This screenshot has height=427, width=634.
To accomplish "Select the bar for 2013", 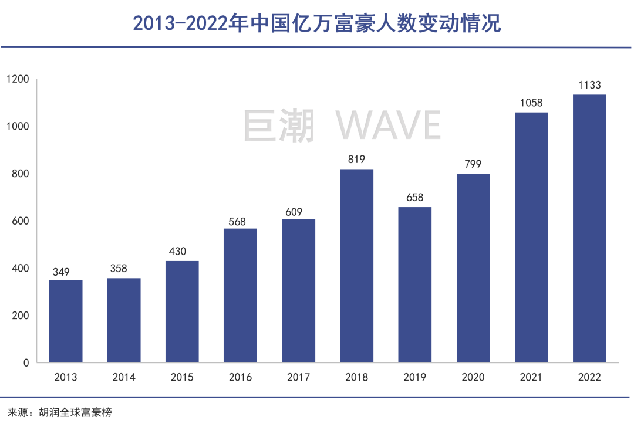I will tap(66, 321).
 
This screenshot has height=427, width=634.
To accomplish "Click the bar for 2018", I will tap(356, 266).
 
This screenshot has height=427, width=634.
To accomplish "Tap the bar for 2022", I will tap(589, 229).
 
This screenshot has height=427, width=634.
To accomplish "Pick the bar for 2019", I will tap(414, 284).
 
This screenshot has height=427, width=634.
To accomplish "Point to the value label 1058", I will tap(531, 103).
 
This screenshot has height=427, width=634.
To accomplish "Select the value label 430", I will tap(182, 252).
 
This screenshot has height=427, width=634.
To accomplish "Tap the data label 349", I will tap(66, 272).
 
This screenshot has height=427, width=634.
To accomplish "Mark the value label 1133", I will tap(589, 86).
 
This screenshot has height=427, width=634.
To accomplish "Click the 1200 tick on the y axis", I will tap(18, 79).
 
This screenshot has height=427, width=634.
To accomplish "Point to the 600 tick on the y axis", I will tap(20, 221).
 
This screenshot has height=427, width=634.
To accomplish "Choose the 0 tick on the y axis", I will tap(26, 363).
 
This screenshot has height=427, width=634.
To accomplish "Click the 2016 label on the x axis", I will tap(240, 377).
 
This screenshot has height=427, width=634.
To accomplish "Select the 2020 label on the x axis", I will tap(473, 377).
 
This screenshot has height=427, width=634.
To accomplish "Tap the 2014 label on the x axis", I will tap(124, 377).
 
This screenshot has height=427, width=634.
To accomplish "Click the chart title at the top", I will tap(317, 23).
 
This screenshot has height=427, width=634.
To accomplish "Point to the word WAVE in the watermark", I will tap(388, 124).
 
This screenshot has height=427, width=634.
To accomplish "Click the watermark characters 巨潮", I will tap(279, 124).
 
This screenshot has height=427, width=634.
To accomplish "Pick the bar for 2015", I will tap(182, 311).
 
